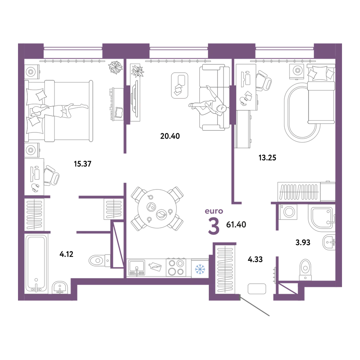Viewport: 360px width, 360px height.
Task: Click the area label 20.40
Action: click(170, 136)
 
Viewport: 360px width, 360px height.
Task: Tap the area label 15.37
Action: click(83, 164)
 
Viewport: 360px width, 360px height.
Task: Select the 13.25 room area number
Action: click(267, 158)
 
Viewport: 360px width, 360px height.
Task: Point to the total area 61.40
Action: click(236, 225)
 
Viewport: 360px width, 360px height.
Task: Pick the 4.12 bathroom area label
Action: click(66, 254)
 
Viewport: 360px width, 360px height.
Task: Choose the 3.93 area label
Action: click(303, 242)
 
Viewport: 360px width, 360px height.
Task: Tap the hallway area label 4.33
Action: click(255, 260)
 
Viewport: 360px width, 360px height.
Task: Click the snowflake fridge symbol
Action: click(200, 269)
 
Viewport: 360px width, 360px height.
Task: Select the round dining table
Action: click(157, 209)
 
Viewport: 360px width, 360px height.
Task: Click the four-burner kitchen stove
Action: click(176, 267)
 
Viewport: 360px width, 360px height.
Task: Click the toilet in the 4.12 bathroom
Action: click(100, 261)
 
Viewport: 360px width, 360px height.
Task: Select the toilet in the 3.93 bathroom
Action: click(305, 270)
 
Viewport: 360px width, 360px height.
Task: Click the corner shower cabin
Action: click(321, 218)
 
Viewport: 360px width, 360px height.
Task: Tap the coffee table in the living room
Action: click(180, 86)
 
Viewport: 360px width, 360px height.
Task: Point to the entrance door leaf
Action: click(255, 306)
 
